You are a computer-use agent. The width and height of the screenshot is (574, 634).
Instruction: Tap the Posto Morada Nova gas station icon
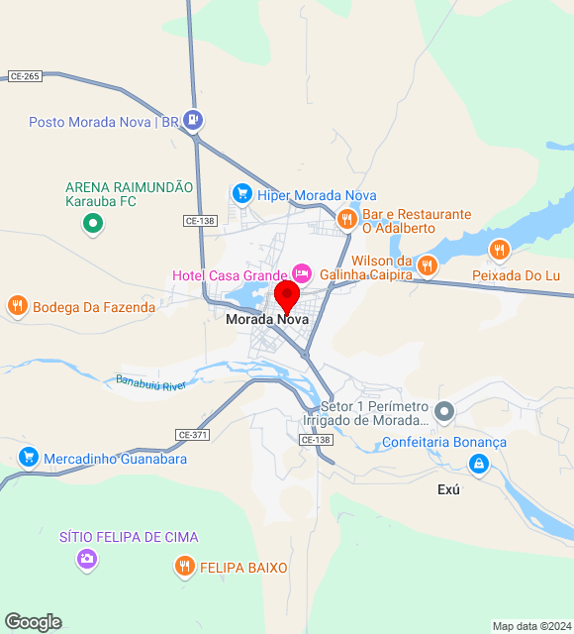(193, 121)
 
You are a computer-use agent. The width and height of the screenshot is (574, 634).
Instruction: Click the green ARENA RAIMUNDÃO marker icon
(93, 225)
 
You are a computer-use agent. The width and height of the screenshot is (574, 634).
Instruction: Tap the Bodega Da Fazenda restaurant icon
(17, 306)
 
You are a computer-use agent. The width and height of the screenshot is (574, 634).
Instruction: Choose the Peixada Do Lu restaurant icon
(500, 250)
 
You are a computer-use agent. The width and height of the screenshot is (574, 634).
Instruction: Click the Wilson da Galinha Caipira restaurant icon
(427, 264)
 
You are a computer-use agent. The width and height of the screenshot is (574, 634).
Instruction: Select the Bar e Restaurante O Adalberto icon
(346, 219)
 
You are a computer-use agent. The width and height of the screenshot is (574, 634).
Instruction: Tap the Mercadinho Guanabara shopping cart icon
(28, 458)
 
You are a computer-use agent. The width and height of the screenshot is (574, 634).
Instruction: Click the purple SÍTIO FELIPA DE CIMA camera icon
(87, 560)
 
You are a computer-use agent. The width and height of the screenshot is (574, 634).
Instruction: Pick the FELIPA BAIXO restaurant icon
(184, 567)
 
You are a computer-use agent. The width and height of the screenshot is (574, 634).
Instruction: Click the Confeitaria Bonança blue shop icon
(479, 464)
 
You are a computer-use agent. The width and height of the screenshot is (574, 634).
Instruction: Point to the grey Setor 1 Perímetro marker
(445, 410)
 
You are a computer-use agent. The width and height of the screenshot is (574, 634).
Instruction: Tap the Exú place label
(449, 490)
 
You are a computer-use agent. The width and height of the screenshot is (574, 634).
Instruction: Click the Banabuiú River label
(151, 382)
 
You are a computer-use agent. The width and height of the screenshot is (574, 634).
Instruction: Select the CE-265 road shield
(25, 76)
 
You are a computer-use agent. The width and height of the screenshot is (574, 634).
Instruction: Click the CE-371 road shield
(192, 435)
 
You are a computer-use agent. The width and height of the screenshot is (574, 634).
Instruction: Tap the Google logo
(33, 622)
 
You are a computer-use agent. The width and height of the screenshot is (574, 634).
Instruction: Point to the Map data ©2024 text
(532, 626)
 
